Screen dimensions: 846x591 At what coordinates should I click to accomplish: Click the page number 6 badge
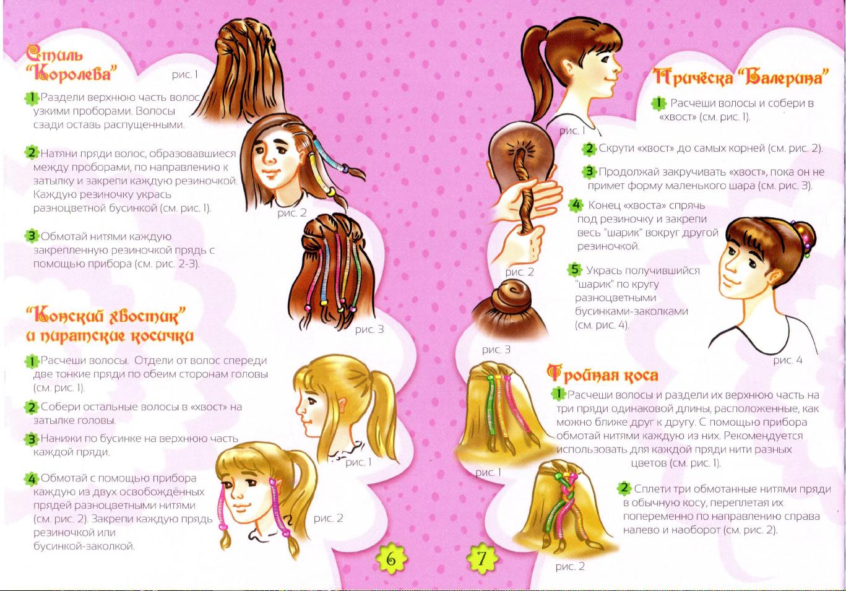coord(391,559)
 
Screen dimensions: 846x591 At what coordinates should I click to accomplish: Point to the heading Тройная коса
coord(603,374)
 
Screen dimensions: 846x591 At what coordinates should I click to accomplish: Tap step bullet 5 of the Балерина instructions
coord(574,270)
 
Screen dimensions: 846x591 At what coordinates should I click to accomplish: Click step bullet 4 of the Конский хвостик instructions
coord(32,479)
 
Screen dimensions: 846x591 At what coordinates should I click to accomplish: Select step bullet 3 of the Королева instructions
coord(32,236)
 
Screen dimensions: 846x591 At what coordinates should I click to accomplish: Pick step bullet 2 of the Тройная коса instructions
coord(624,488)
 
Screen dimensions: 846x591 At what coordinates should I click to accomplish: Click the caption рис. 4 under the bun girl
coord(787,360)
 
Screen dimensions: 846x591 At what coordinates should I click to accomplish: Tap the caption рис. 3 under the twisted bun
coord(496,349)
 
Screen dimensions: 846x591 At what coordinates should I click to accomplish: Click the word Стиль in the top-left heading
coord(54,54)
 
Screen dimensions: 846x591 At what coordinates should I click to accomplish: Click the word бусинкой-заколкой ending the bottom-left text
coord(84,546)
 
